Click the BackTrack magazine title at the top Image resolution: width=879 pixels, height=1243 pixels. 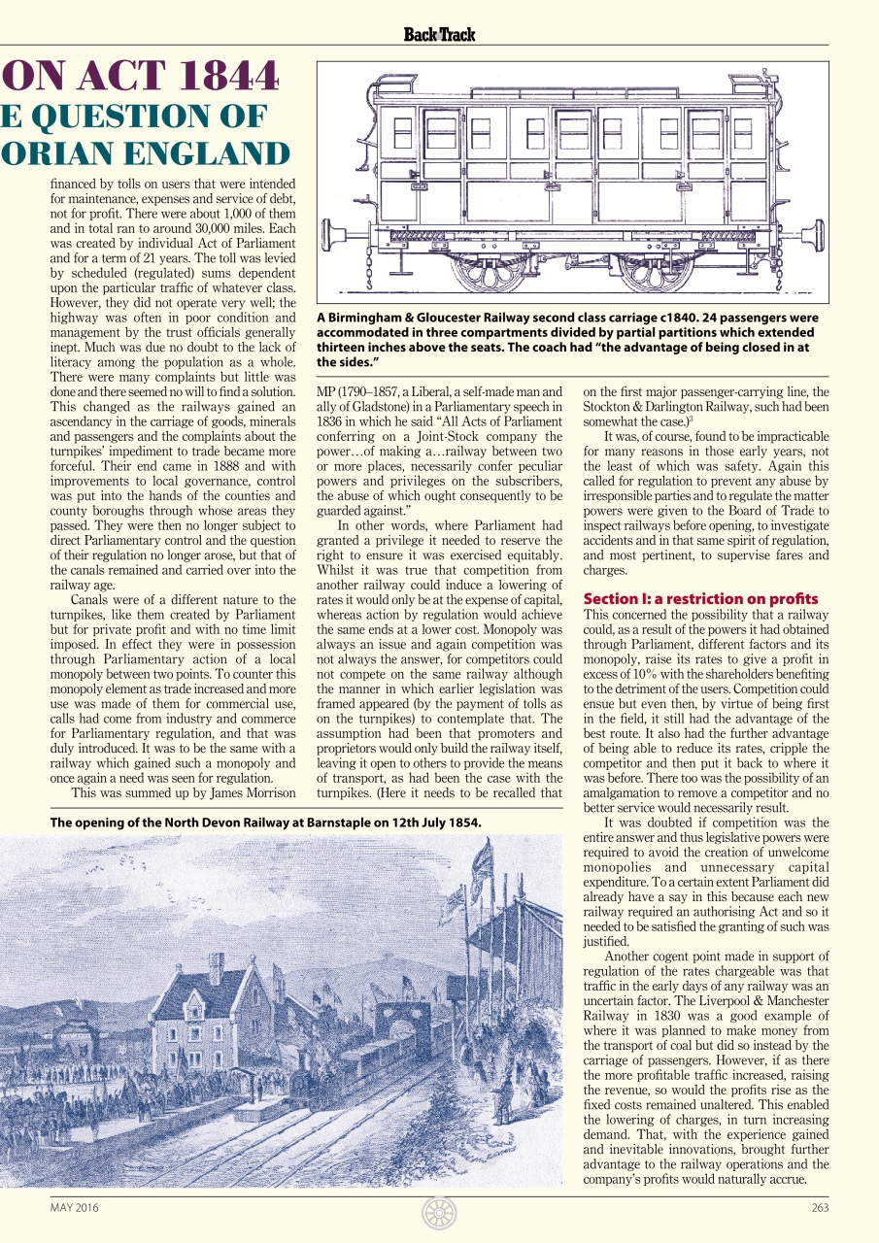439,35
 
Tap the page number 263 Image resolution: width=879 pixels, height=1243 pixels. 819,1208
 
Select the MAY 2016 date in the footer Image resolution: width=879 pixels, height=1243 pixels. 74,1208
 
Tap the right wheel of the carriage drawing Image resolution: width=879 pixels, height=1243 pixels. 656,265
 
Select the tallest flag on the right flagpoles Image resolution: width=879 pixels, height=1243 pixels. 483,859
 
